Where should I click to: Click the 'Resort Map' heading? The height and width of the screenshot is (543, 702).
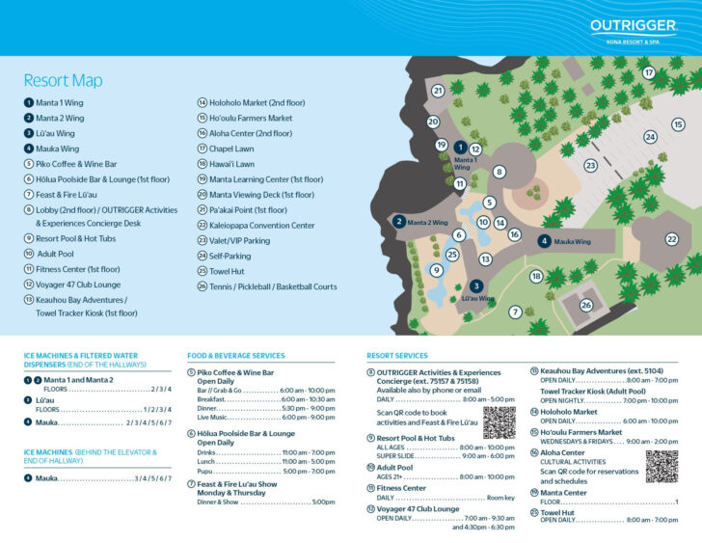click(x=63, y=81)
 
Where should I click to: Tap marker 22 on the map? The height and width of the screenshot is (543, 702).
click(x=672, y=239)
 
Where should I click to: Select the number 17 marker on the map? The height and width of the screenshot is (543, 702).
click(x=649, y=72)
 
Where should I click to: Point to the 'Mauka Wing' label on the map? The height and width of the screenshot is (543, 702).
click(x=572, y=241)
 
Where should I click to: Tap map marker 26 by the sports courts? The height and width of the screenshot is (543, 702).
click(x=585, y=306)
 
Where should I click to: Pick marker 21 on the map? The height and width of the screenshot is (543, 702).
click(x=438, y=91)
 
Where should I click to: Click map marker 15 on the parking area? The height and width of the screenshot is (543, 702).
click(x=678, y=124)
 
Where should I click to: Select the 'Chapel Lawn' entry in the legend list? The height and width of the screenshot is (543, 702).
click(x=231, y=149)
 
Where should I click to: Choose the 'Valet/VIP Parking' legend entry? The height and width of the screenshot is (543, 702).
click(x=239, y=240)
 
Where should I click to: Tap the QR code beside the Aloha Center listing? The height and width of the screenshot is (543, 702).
click(x=661, y=466)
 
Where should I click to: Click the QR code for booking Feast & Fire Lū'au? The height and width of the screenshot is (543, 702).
click(x=499, y=422)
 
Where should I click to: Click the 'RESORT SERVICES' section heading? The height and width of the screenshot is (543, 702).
click(x=397, y=356)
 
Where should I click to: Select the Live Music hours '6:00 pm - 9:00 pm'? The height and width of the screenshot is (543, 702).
click(x=308, y=417)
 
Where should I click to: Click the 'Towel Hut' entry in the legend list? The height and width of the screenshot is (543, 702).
click(x=228, y=271)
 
